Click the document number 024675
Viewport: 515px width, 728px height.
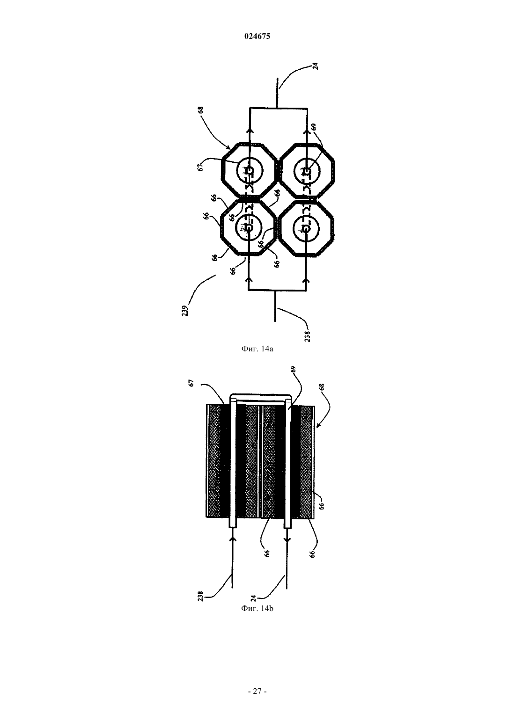pos(257,36)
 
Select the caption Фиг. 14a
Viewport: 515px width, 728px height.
pos(257,349)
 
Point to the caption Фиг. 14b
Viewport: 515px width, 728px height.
pos(257,608)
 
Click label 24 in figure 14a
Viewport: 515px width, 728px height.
pos(315,66)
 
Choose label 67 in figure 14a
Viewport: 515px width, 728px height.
pos(200,167)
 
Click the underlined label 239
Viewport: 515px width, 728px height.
pos(185,311)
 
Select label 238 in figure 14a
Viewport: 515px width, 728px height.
pos(307,336)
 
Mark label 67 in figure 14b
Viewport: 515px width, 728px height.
pos(191,383)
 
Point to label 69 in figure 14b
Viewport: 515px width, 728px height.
pos(293,369)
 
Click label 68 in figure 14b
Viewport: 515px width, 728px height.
pos(322,387)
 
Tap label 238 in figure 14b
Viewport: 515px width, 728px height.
pos(200,596)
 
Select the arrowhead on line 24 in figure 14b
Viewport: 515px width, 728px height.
pos(287,539)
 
